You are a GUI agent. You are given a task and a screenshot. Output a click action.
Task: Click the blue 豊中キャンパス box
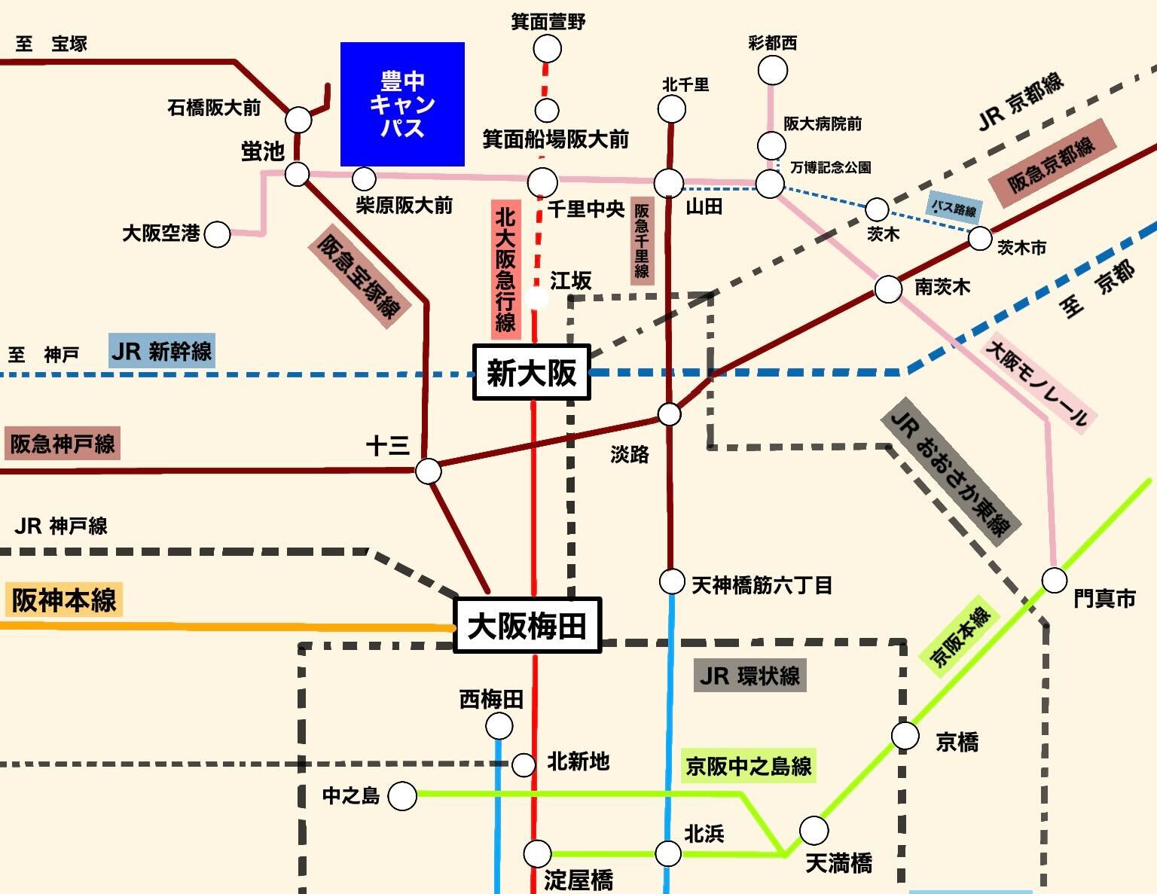click(402, 104)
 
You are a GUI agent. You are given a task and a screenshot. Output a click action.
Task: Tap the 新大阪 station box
click(531, 372)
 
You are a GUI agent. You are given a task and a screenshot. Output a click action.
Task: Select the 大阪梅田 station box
click(527, 625)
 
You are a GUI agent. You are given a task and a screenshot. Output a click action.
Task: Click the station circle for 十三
click(428, 471)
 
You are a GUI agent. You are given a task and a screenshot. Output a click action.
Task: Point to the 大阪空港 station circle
click(218, 234)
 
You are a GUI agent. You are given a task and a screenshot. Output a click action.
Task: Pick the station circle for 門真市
click(1055, 580)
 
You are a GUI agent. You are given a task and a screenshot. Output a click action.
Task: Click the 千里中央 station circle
click(542, 182)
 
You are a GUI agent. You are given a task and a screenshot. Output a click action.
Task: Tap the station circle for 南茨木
click(888, 289)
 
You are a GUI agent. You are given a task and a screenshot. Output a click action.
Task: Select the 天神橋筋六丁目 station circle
click(671, 581)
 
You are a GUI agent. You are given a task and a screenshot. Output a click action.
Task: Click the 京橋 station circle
click(905, 736)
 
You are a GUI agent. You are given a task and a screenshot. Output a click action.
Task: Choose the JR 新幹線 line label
click(162, 351)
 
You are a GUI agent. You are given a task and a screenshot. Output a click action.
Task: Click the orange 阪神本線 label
click(64, 600)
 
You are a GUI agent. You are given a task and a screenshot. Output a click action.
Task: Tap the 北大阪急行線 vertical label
click(505, 270)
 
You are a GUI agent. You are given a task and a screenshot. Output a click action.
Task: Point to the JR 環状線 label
click(749, 676)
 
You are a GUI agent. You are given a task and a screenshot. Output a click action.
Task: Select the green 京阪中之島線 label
click(748, 766)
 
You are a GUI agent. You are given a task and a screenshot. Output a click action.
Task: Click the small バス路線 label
click(954, 208)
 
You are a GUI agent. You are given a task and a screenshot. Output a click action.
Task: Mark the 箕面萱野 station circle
click(548, 50)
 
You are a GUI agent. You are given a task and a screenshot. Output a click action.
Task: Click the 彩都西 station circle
click(773, 71)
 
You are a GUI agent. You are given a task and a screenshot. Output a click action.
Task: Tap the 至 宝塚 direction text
click(51, 44)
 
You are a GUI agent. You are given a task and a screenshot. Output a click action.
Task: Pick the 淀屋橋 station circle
click(537, 853)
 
